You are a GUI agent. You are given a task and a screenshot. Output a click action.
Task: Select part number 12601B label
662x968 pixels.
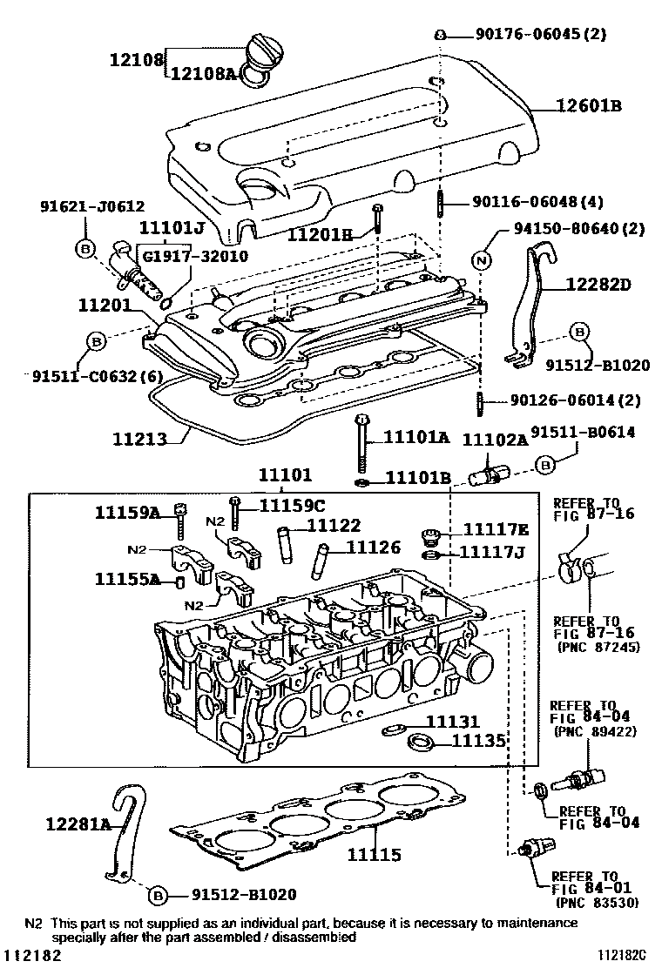tap(589, 106)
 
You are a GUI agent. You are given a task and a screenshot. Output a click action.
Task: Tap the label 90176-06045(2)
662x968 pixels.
tap(540, 34)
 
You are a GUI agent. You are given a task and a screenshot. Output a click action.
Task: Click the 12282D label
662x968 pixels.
tap(599, 285)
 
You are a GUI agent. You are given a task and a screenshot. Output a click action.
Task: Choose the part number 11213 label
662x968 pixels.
tap(139, 439)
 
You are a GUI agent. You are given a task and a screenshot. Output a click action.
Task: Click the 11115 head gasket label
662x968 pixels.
tap(374, 855)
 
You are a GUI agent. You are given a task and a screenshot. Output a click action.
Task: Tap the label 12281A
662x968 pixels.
tap(78, 823)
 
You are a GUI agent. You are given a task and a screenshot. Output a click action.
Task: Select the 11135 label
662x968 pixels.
tap(479, 740)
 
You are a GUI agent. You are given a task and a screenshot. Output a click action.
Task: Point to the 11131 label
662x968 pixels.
tap(453, 721)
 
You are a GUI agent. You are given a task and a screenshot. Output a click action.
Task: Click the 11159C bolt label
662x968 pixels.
tap(292, 506)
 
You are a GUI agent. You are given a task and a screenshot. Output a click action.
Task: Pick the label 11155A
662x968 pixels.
tap(126, 579)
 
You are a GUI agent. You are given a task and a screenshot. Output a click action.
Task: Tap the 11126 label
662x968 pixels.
tap(373, 547)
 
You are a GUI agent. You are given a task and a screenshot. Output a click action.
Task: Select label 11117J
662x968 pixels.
tap(491, 551)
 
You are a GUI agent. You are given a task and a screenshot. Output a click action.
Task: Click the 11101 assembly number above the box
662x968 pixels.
tap(286, 474)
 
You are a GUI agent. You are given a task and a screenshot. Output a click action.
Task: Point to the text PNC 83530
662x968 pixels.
tap(598, 903)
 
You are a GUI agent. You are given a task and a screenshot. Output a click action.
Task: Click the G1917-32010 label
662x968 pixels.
tap(195, 256)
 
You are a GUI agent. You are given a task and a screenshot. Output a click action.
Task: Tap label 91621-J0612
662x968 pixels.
tap(92, 206)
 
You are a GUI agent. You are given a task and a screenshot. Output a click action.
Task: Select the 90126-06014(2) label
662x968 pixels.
tap(576, 400)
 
